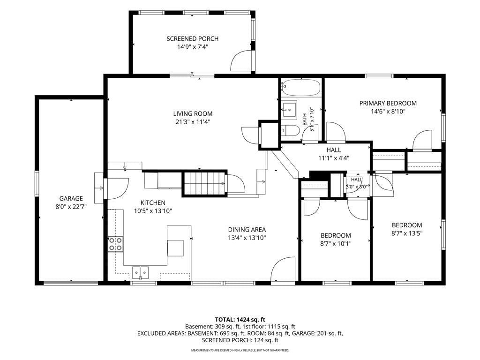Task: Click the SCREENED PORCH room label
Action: coord(193,38)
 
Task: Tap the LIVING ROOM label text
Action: coord(193,113)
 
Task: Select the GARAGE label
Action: coord(71,198)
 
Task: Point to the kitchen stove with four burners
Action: coord(115,244)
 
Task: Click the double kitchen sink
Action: coord(141,272)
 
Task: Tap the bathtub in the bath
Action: coord(301,88)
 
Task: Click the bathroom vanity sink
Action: coord(289,109)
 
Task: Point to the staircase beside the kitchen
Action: coord(204,183)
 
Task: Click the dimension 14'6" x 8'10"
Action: coord(388,112)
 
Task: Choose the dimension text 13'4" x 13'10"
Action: coord(247,238)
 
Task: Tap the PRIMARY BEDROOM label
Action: coord(388,103)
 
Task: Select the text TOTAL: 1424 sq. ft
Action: coord(240,320)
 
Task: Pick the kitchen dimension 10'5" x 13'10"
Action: coord(153,211)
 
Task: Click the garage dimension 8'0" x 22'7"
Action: coord(71,207)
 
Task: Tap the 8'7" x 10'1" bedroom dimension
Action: coord(336,244)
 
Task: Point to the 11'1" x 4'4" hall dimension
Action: coord(334,158)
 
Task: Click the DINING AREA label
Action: coord(247,230)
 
